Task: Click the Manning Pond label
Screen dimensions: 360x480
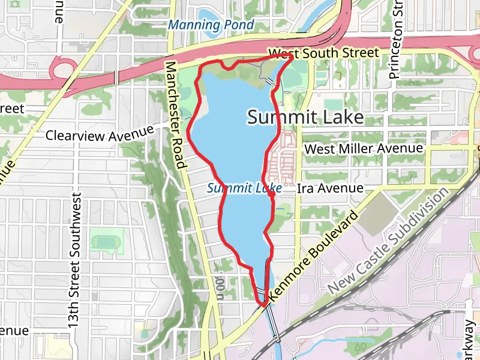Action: point(211,25)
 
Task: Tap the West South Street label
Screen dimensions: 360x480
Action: point(323,53)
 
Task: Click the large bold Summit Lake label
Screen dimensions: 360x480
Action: point(305,117)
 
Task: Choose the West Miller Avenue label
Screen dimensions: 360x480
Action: point(364,148)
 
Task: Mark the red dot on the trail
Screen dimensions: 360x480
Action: point(272,194)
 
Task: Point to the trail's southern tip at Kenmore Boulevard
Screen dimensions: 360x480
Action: point(263,305)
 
